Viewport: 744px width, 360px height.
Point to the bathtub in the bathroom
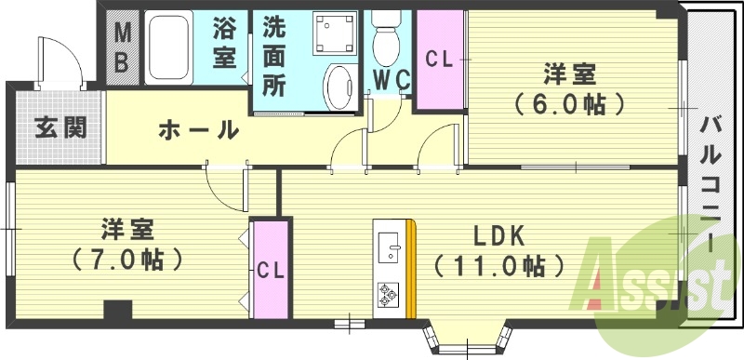coord(168,48)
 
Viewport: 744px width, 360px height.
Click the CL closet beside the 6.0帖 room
coord(439,58)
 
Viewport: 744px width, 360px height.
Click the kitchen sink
coord(391,247)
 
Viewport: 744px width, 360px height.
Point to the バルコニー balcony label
coord(711,186)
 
